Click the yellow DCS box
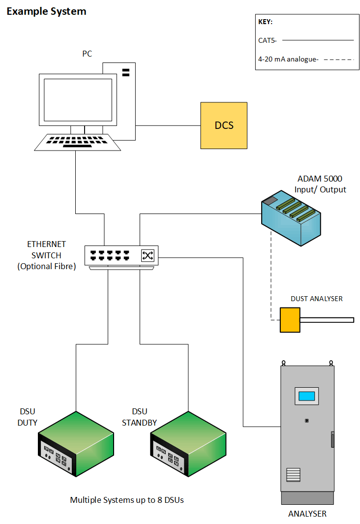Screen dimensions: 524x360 (x=224, y=125)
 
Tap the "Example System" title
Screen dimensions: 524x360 (x=46, y=11)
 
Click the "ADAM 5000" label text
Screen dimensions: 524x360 (x=320, y=179)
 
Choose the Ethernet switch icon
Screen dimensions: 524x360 (x=121, y=256)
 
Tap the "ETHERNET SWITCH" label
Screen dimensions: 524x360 (x=46, y=250)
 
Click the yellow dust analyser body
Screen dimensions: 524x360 (x=290, y=320)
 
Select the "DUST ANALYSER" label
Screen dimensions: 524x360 (x=316, y=299)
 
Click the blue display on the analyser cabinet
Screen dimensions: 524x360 (x=306, y=396)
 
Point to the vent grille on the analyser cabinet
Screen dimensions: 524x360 (x=293, y=476)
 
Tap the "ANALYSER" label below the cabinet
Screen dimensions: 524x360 (x=307, y=514)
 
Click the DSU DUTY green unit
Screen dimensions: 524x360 (x=76, y=443)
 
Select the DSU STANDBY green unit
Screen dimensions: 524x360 (x=188, y=443)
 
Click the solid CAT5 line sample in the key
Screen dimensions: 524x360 (x=318, y=40)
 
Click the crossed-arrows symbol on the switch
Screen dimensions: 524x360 (x=148, y=255)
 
